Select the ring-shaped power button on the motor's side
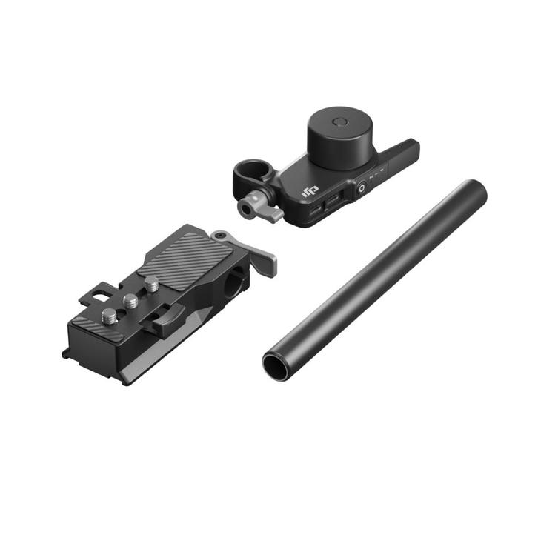tap(361, 188)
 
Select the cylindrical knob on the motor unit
tap(340, 138)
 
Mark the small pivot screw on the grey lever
tap(220, 236)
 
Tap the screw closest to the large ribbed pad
tap(152, 285)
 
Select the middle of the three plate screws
tap(131, 301)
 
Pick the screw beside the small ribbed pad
tap(109, 315)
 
